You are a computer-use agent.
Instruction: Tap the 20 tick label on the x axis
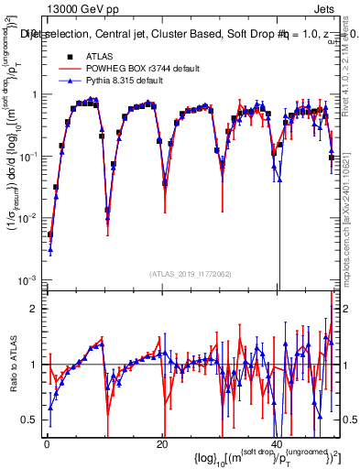point(162,443)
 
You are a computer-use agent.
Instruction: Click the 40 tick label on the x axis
point(277,443)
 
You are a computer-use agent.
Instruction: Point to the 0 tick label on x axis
point(47,443)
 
